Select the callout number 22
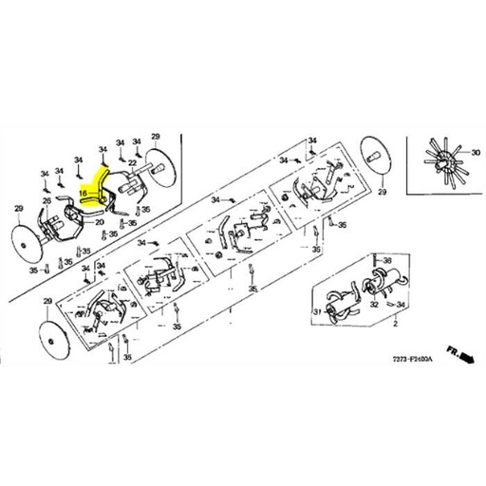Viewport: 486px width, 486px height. (133, 164)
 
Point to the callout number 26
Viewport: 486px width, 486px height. (47, 201)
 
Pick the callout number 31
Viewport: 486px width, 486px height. (317, 312)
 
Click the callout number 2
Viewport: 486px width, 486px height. (390, 325)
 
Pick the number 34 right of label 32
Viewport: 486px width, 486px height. (402, 305)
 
